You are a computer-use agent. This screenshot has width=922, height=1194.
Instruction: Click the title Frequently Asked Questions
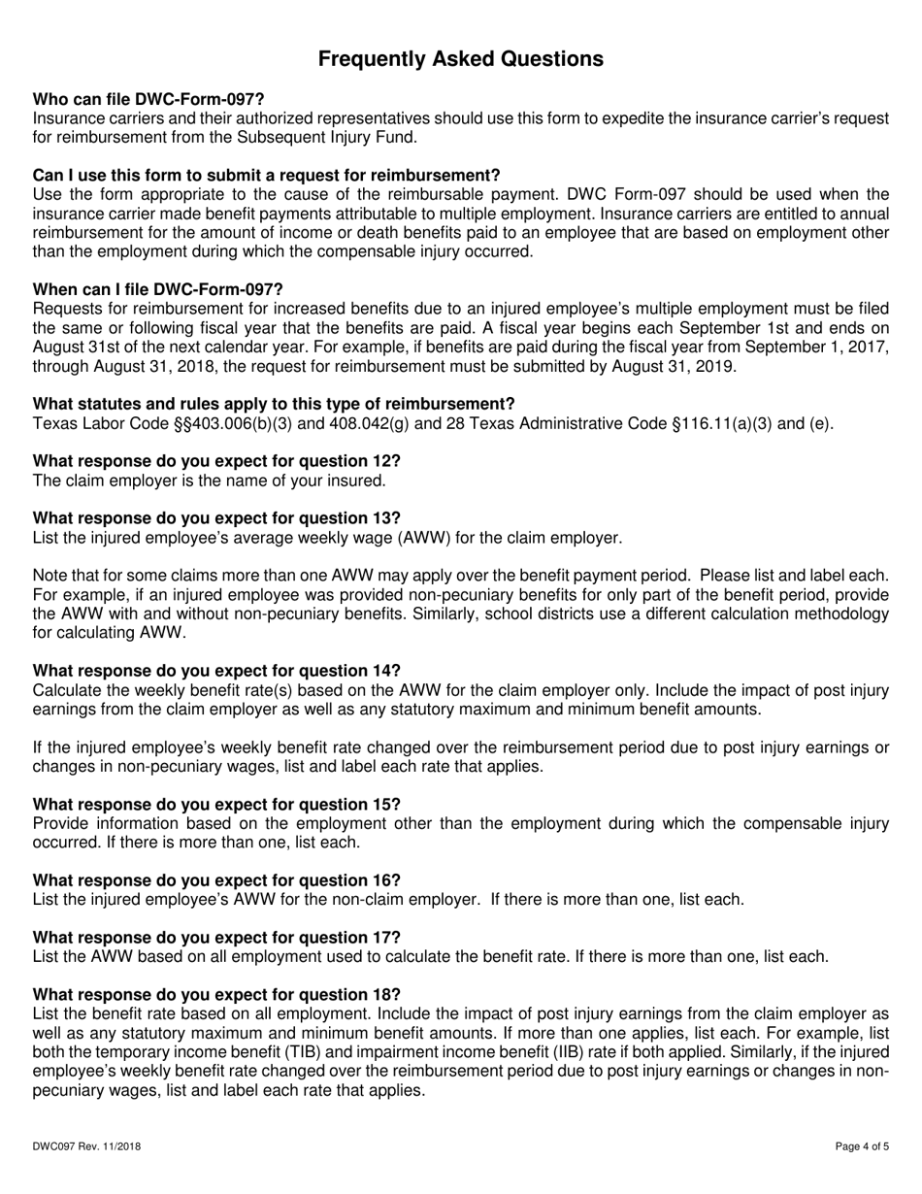click(461, 59)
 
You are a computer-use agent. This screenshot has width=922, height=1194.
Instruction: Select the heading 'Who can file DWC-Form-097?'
click(148, 99)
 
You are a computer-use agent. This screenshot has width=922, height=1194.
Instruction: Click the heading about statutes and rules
click(274, 404)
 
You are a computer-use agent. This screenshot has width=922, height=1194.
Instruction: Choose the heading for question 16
click(216, 879)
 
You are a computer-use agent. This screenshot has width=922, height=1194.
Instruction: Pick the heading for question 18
click(216, 994)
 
